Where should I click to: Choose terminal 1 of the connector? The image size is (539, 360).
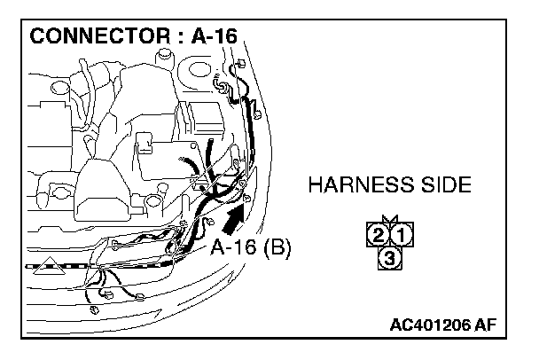[x=400, y=236]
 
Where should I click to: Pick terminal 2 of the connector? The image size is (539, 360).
[x=378, y=236]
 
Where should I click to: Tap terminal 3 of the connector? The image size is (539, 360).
[x=388, y=258]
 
